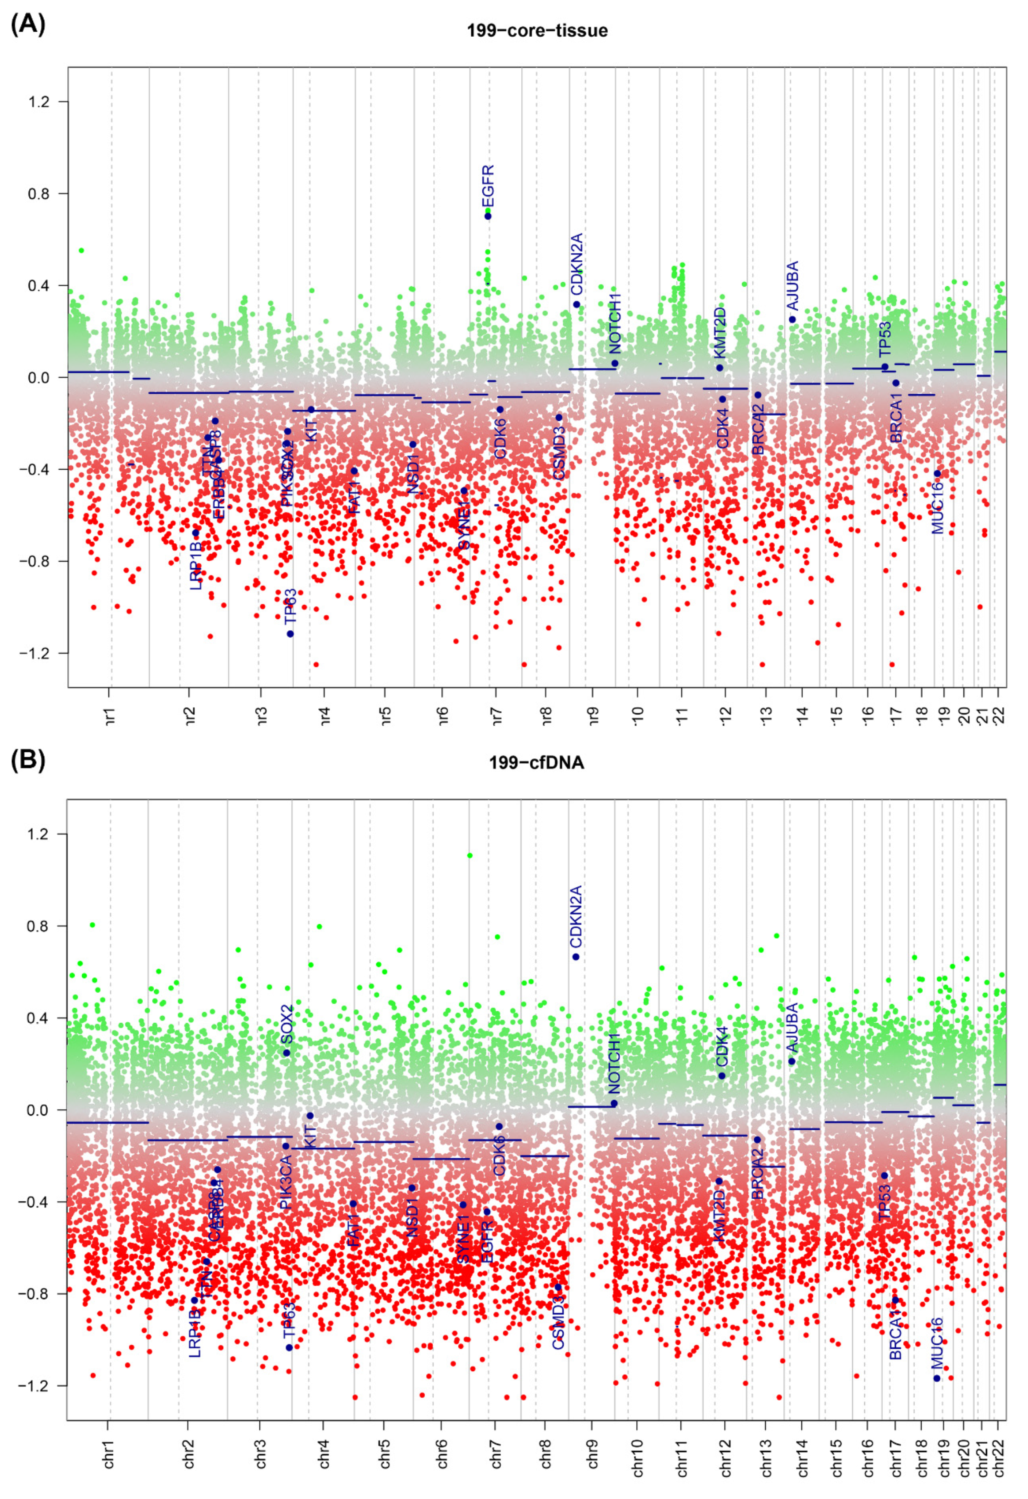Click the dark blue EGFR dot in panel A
488,216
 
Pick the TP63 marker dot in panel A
290,634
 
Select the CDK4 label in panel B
722,1047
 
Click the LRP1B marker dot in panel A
196,533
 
